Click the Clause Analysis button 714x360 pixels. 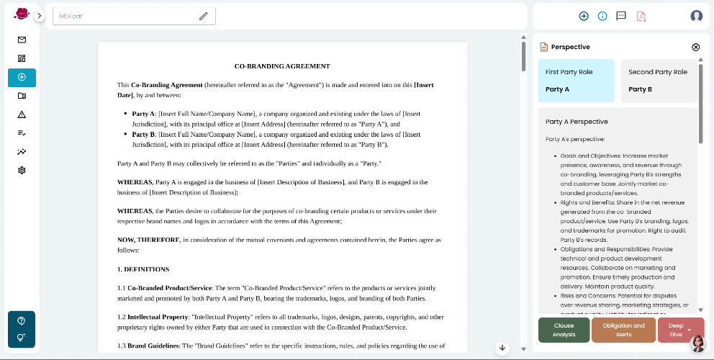(x=564, y=330)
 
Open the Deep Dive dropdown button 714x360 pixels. (x=680, y=330)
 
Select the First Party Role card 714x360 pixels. (x=577, y=81)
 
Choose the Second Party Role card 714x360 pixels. (x=659, y=81)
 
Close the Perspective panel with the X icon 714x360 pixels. (x=695, y=47)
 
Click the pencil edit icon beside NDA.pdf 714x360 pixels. (x=204, y=16)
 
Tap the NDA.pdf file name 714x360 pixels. (x=71, y=16)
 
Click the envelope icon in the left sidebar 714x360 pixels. (x=22, y=40)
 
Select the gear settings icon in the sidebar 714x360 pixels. (x=22, y=171)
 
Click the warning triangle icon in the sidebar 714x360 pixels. (x=22, y=114)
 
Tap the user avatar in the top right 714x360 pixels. (x=696, y=16)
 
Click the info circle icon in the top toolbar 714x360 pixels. (x=602, y=16)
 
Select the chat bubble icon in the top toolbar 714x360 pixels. (x=621, y=16)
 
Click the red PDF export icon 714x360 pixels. (x=641, y=16)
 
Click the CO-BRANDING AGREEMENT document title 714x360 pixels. (x=282, y=66)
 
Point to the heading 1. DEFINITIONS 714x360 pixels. (x=143, y=269)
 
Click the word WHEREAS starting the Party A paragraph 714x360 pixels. (x=135, y=182)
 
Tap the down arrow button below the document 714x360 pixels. (x=503, y=348)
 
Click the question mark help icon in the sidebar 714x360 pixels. (x=22, y=320)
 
